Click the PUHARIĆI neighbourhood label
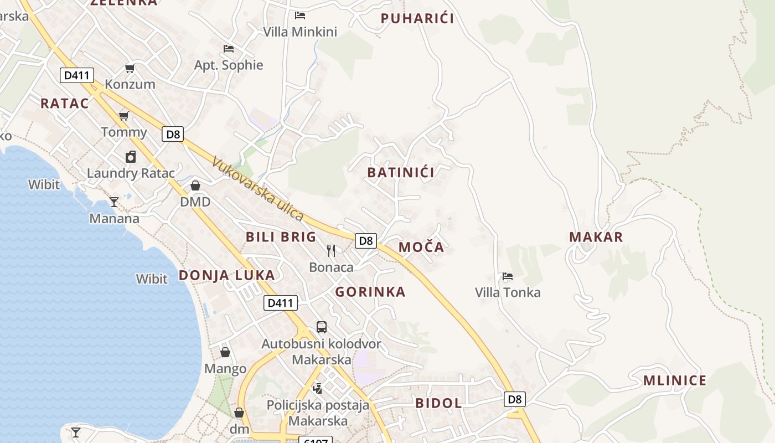point(417,18)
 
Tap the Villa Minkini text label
point(300,32)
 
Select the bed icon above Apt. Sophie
point(228,49)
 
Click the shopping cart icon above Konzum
point(130,68)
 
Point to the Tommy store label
point(124,132)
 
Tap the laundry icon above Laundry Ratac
point(131,157)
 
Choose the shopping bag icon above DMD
point(195,186)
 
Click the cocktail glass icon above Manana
point(114,202)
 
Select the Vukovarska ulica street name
point(258,189)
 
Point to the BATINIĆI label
point(401,172)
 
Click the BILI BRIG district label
point(281,237)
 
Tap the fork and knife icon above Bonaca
point(331,251)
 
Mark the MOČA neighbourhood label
point(421,248)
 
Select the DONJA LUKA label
point(226,275)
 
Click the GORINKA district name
point(370,292)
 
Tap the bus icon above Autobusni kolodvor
point(322,327)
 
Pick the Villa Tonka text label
point(508,292)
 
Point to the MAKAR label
point(596,237)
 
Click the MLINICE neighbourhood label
point(674,380)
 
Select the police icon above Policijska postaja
point(318,388)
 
